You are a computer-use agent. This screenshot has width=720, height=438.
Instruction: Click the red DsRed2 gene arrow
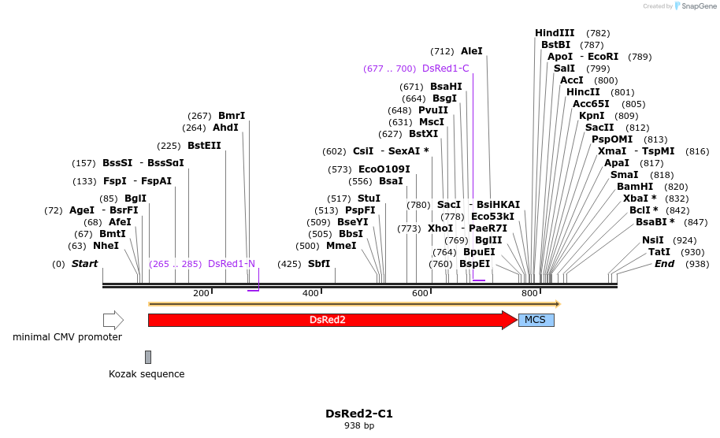[327, 320]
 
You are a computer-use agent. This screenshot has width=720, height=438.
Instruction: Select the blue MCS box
[536, 320]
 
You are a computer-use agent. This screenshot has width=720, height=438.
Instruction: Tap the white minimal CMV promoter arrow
[113, 320]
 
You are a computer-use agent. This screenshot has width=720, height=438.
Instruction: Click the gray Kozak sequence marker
[148, 357]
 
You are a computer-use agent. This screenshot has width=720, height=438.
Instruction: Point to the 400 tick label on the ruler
[311, 293]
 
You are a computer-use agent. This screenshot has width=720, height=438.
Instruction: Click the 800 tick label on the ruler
[529, 293]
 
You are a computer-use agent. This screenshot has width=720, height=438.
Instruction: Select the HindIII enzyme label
[555, 33]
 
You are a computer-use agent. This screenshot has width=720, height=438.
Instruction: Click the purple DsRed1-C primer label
[446, 69]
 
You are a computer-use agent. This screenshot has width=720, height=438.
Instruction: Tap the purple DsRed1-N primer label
[232, 264]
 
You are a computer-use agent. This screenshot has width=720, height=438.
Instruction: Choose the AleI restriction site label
[471, 51]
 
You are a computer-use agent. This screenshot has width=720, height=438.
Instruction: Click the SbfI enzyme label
[319, 264]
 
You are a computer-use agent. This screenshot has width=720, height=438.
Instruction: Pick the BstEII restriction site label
[204, 146]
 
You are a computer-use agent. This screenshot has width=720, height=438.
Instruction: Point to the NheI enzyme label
[106, 246]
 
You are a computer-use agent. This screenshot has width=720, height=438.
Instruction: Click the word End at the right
[664, 264]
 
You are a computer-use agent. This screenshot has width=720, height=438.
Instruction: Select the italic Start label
[84, 264]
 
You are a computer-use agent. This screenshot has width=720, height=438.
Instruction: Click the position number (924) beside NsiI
[685, 240]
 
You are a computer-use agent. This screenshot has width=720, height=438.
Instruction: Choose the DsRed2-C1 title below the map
[359, 414]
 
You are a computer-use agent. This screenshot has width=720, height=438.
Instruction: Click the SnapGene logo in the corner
[693, 6]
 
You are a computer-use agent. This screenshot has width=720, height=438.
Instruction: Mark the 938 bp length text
[359, 426]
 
